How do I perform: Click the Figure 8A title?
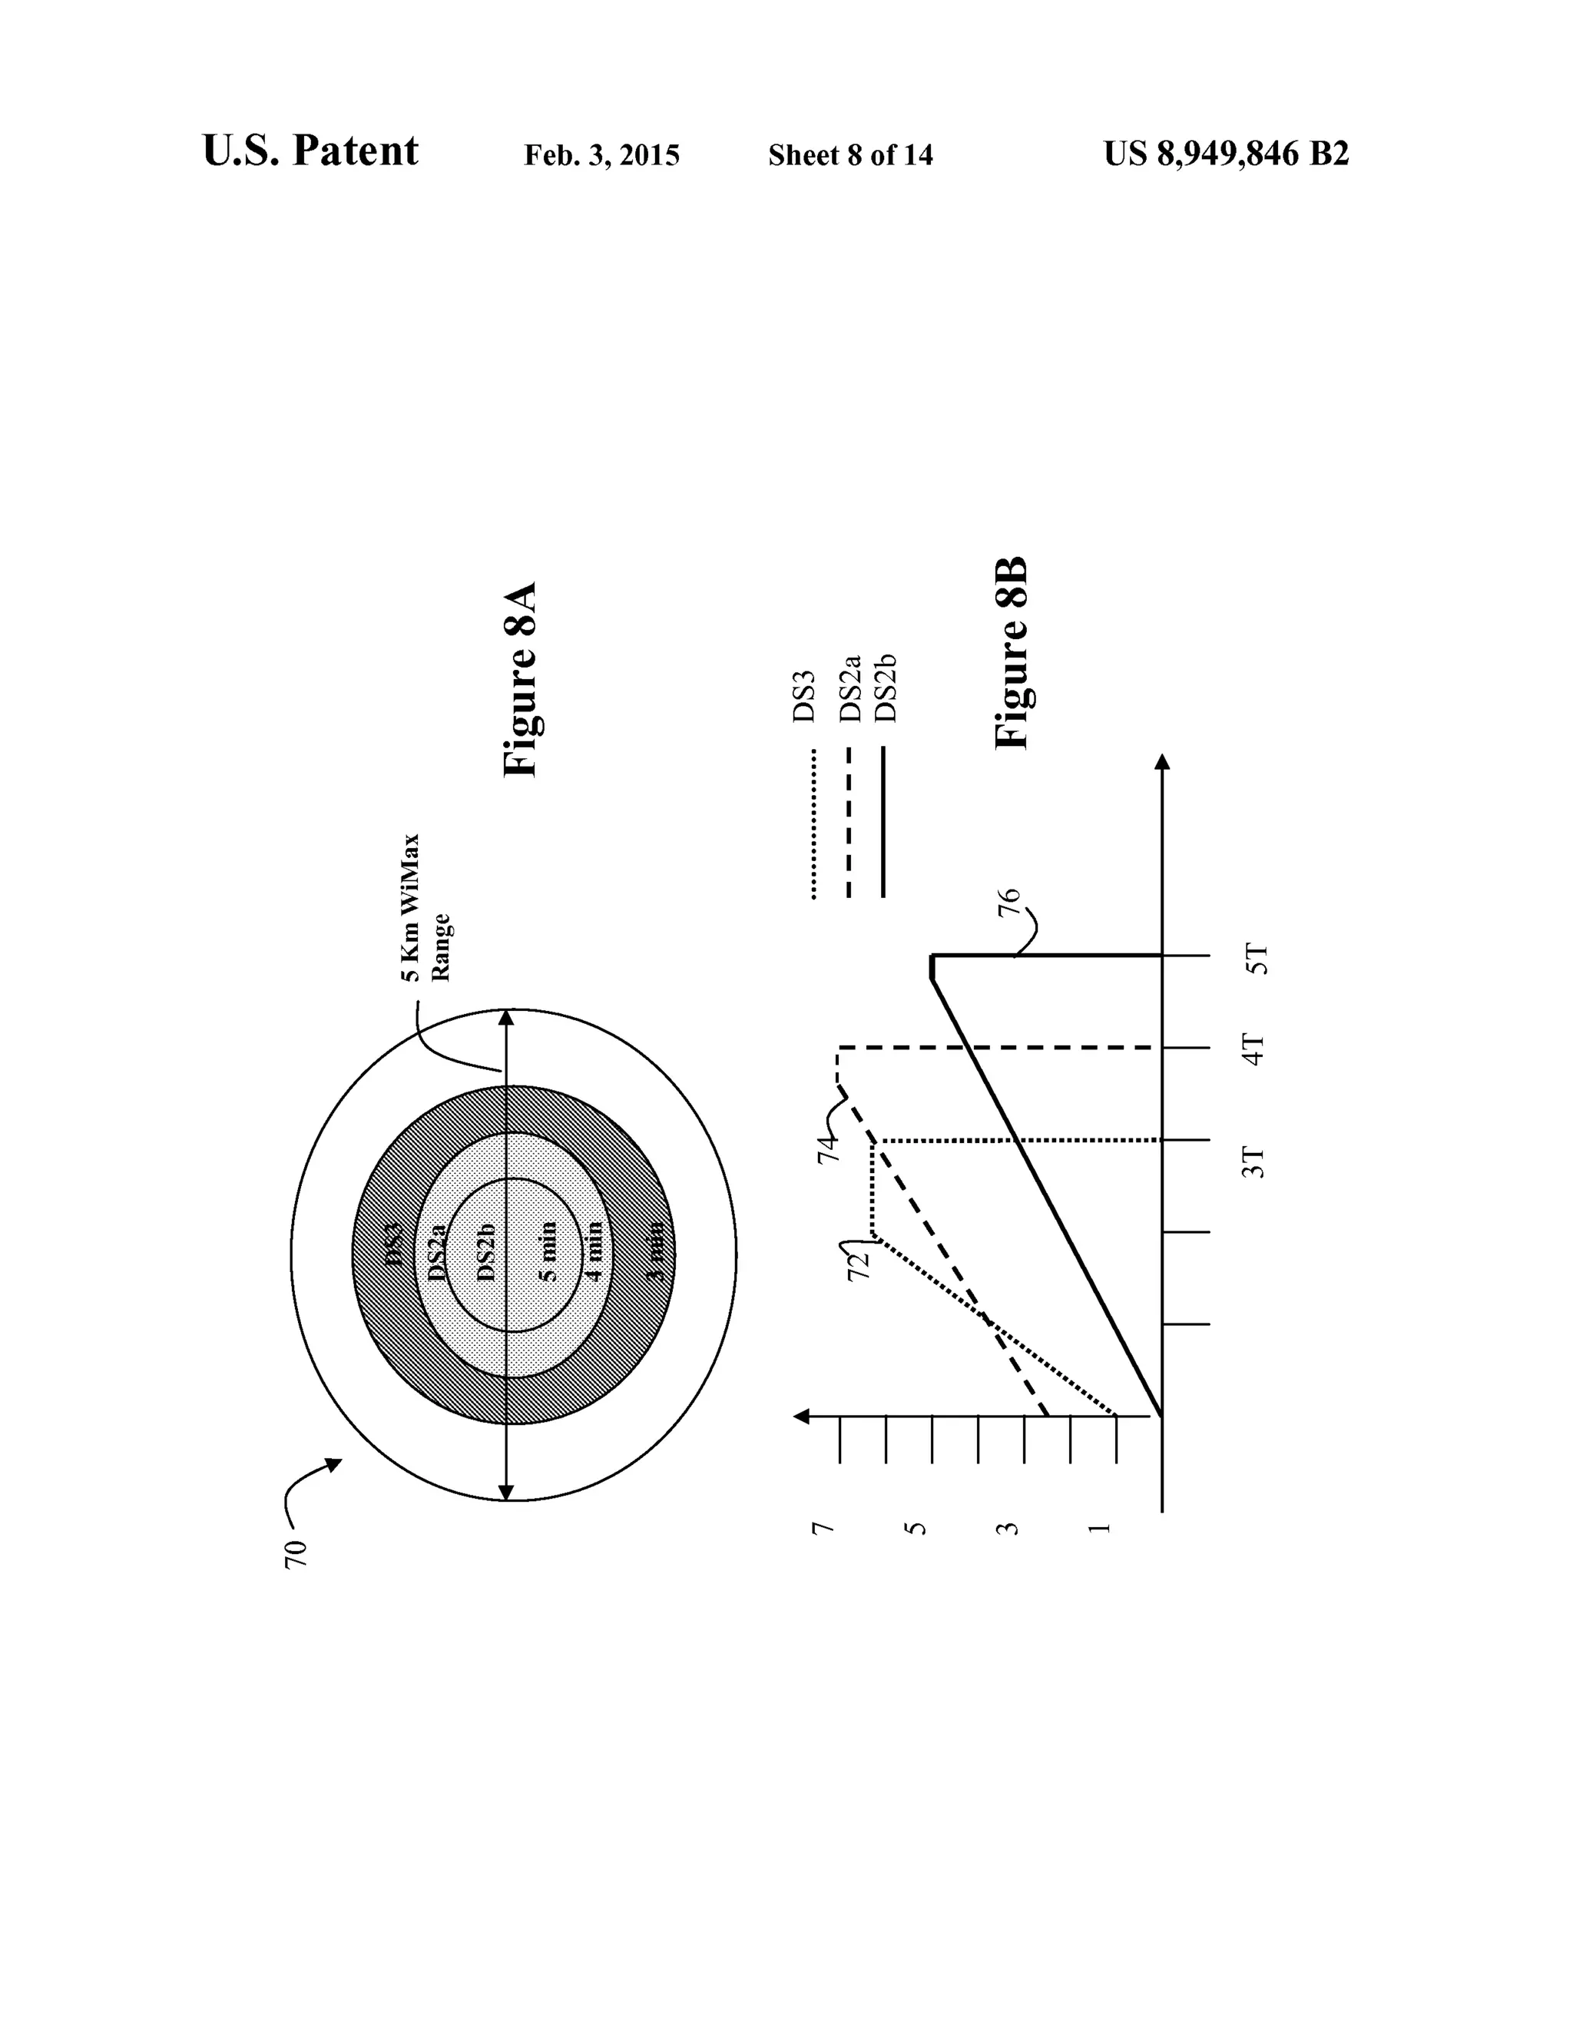point(520,680)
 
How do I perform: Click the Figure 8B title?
point(1012,653)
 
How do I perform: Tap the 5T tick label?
point(1256,958)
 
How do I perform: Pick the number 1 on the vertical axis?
point(1099,1527)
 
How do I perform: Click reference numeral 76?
point(1009,903)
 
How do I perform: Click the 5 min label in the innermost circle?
point(550,1251)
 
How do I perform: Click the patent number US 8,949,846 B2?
point(1226,153)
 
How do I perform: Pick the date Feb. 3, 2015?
point(601,155)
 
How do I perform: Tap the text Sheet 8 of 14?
point(849,155)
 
